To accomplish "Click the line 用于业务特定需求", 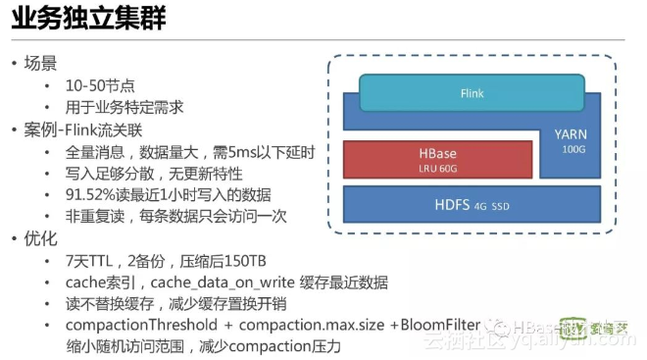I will coord(124,107).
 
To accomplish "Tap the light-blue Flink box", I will coord(472,94).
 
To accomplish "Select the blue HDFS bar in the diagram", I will coord(472,205).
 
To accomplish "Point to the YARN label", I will coord(572,133).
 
